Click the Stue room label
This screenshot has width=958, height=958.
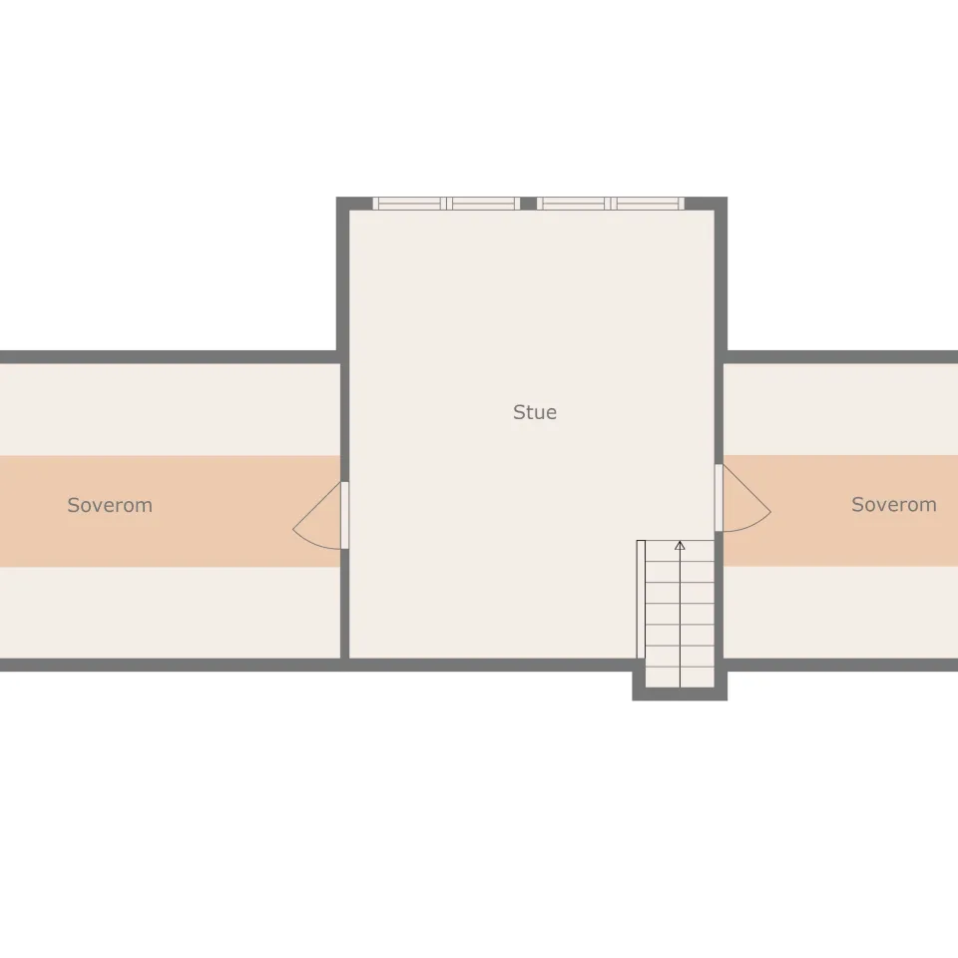[x=535, y=412]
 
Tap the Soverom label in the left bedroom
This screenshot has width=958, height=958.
[x=110, y=505]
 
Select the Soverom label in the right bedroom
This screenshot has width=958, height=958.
[x=894, y=504]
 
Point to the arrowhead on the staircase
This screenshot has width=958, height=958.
[x=680, y=545]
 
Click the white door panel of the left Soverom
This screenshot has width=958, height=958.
[x=344, y=515]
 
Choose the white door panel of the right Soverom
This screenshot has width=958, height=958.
[x=719, y=498]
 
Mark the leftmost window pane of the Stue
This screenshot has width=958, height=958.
[x=410, y=204]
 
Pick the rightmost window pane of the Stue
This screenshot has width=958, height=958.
[x=648, y=204]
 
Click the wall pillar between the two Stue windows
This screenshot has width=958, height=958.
[x=529, y=204]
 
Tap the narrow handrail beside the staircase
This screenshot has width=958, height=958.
[x=641, y=600]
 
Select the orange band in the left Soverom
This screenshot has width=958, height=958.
[x=171, y=511]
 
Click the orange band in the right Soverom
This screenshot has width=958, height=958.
[x=840, y=510]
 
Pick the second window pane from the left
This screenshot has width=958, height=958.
[x=483, y=204]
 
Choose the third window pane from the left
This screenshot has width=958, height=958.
[x=574, y=204]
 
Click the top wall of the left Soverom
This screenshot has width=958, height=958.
[x=169, y=357]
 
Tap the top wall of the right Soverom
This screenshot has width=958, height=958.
[x=842, y=357]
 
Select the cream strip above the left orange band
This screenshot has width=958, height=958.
[x=171, y=409]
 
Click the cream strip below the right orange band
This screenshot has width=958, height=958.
[x=840, y=612]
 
